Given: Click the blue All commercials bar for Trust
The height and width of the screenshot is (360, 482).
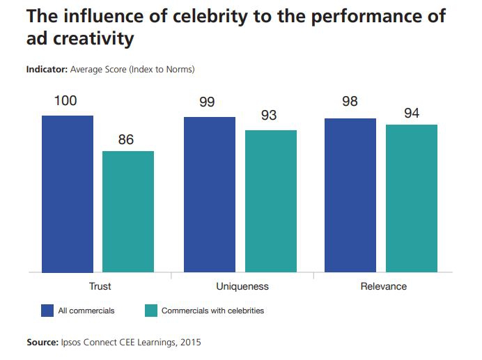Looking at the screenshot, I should pos(68,194).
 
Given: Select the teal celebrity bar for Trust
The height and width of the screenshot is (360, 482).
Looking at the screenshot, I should pos(128,211).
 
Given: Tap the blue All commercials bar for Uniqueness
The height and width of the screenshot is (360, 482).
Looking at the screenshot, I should pos(210,194).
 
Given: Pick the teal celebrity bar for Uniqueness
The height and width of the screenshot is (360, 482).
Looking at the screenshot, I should pos(271,201).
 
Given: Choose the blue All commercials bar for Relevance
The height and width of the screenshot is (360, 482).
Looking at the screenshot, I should pos(350,195).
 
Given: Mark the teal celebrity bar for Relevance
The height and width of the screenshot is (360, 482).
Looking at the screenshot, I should pos(412,198).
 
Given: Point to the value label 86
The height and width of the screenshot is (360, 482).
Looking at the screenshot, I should pos(126,139).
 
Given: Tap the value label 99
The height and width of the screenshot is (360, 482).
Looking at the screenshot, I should pos(207,103).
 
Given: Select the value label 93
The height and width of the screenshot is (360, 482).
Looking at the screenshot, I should pos(269,116).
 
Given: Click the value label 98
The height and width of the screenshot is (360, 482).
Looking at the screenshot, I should pos(350,102).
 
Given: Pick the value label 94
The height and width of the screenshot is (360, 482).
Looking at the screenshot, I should pos(412,113).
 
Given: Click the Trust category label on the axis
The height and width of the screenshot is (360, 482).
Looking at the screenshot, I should pos(100,286).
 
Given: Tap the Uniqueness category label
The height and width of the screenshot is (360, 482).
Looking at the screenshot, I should pos(242,286).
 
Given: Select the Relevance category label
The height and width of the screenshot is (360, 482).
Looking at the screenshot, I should pos(384,286).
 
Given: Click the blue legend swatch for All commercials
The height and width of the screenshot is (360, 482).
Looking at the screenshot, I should pos(48,311).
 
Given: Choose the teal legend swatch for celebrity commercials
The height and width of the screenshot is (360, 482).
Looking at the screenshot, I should pos(150,311).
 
